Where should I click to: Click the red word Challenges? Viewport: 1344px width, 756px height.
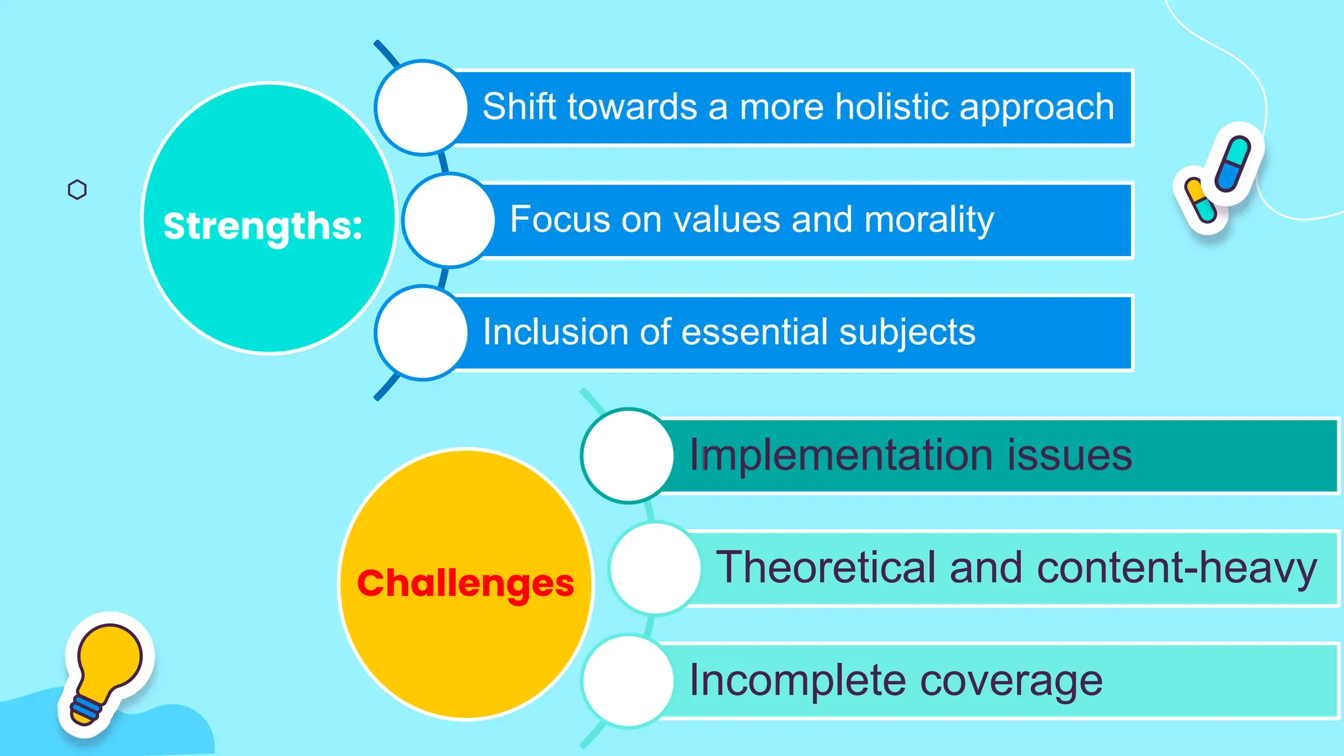[x=465, y=583]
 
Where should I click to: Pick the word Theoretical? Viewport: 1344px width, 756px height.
[x=826, y=568]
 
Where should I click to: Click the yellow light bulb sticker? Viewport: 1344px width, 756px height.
[x=108, y=660]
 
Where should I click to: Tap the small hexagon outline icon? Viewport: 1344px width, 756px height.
[x=77, y=190]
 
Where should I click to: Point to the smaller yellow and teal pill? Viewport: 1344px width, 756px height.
[x=1200, y=200]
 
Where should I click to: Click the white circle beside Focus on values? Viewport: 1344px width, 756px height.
[x=448, y=220]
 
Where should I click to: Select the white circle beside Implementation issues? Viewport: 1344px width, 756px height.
[x=627, y=455]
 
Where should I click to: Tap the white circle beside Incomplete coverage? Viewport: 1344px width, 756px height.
[x=627, y=681]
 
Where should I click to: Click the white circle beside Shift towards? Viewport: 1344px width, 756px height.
[x=421, y=107]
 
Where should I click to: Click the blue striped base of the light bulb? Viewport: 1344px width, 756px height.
[x=86, y=709]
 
